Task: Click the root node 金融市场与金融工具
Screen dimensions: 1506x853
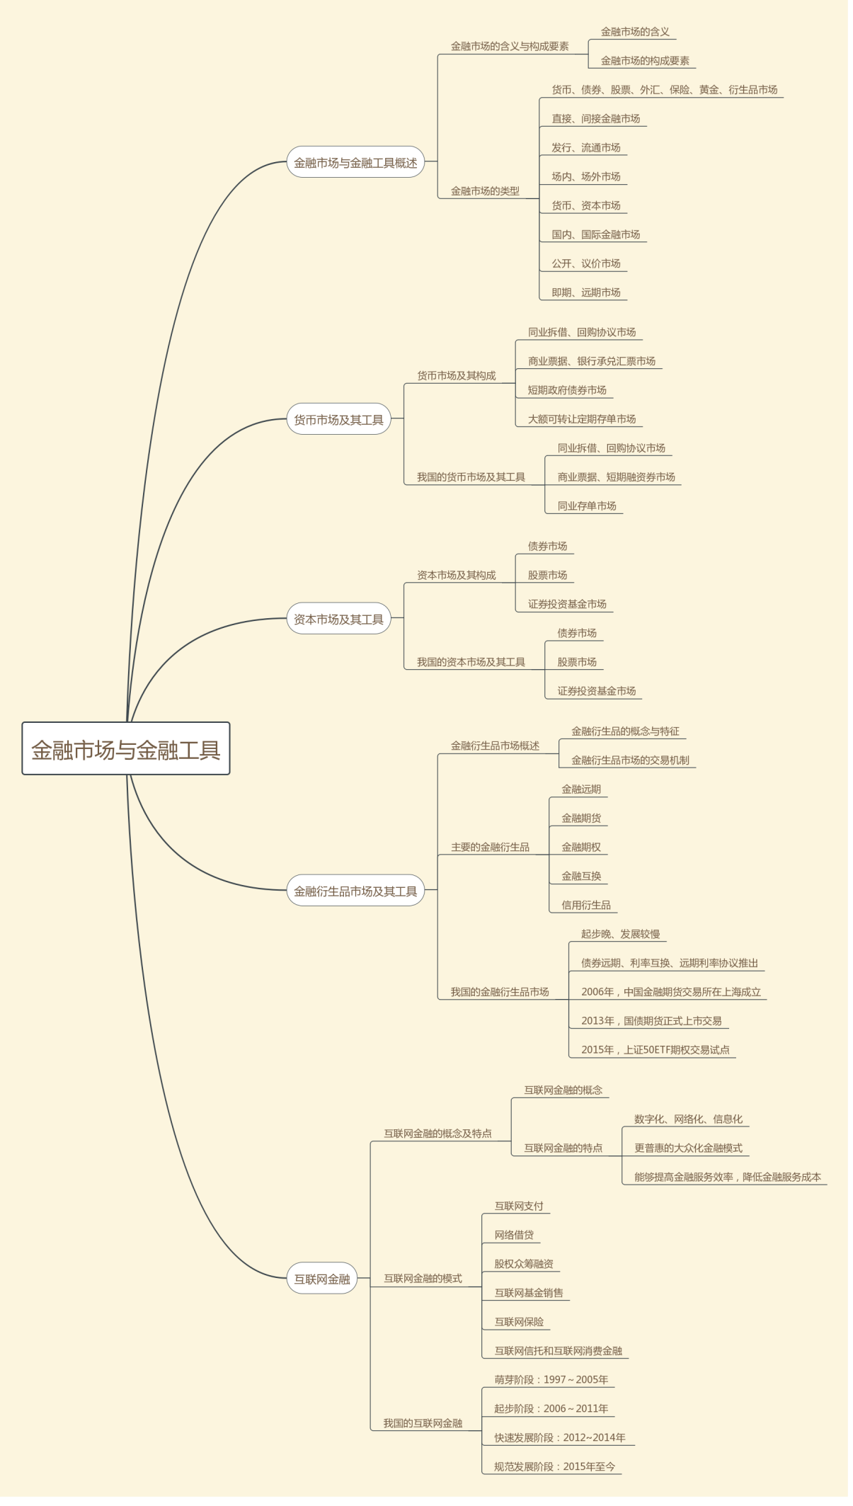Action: click(x=126, y=749)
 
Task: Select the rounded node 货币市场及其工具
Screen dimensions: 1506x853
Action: click(x=338, y=420)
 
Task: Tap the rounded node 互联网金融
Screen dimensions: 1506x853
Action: click(x=322, y=1279)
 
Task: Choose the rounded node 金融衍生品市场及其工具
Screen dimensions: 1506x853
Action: click(x=355, y=891)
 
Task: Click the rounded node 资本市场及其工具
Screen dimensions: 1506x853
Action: click(x=338, y=620)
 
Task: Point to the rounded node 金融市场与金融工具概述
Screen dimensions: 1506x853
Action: click(x=355, y=163)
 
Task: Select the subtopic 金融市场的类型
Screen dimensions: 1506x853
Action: click(x=485, y=191)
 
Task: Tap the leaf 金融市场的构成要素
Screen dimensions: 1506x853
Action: click(x=645, y=61)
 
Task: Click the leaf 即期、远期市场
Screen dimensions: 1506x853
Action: click(x=586, y=292)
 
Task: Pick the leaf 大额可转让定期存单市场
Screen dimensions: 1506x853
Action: click(x=582, y=419)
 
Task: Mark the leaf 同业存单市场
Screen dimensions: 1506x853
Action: click(x=587, y=506)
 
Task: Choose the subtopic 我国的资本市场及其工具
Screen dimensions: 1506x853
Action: click(x=471, y=663)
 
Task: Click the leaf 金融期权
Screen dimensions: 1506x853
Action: click(x=581, y=848)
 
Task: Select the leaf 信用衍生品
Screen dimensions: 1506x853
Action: click(x=586, y=906)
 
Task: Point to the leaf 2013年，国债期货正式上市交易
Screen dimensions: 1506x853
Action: click(x=651, y=1021)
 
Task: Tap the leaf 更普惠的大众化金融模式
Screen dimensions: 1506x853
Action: click(x=688, y=1148)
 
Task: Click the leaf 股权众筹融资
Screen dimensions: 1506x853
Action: click(x=524, y=1264)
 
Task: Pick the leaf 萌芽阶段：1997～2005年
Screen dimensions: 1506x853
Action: click(x=551, y=1380)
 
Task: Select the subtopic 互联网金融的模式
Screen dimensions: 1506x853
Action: click(x=423, y=1279)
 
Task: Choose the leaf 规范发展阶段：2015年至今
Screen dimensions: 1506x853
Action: click(x=555, y=1466)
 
